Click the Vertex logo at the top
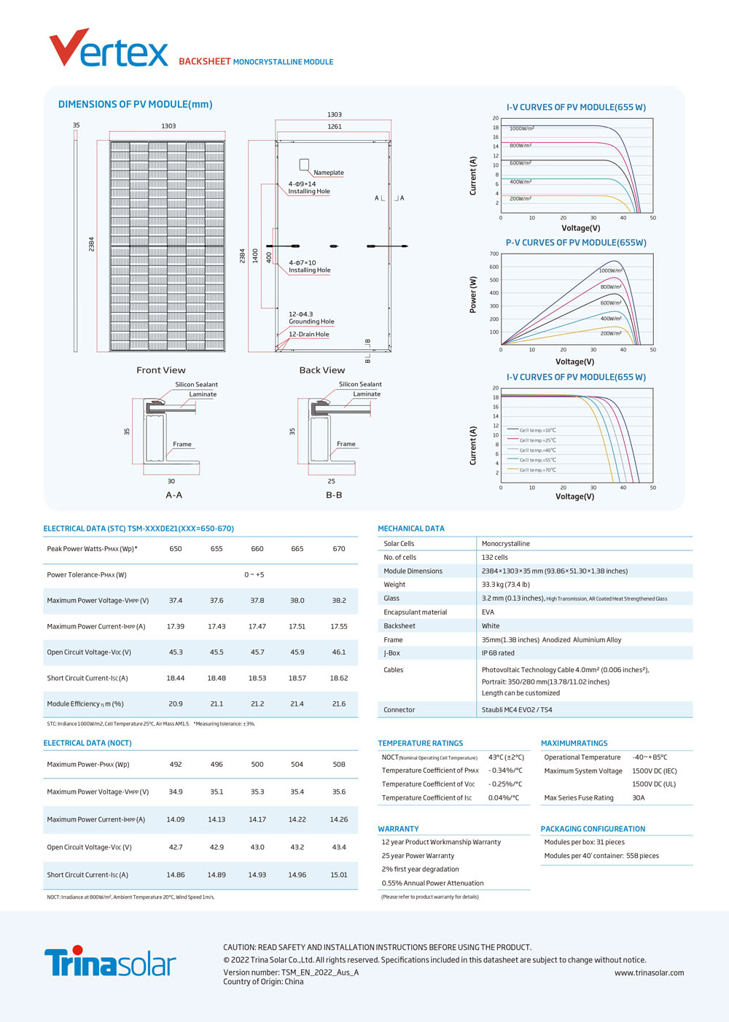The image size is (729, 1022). click(109, 48)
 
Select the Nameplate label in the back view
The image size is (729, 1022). click(329, 173)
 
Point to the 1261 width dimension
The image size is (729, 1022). click(335, 126)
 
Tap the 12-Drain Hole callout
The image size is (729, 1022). click(309, 334)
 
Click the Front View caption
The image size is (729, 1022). click(160, 370)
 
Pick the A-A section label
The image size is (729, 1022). click(174, 495)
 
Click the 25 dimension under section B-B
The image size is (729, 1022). click(331, 481)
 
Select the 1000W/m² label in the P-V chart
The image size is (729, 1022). click(611, 270)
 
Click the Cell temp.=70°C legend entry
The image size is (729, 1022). click(538, 470)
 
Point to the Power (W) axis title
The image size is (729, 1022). click(473, 294)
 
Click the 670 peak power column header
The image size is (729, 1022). click(339, 548)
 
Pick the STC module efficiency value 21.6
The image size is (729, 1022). click(339, 703)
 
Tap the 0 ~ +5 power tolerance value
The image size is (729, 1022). click(254, 574)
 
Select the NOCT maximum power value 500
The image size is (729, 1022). click(257, 764)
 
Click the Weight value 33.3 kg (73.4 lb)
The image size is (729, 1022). click(505, 585)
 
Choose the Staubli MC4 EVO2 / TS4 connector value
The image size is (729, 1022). click(517, 709)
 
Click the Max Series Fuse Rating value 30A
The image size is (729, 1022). click(638, 797)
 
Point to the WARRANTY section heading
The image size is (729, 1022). click(398, 829)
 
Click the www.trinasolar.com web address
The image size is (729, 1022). click(649, 972)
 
